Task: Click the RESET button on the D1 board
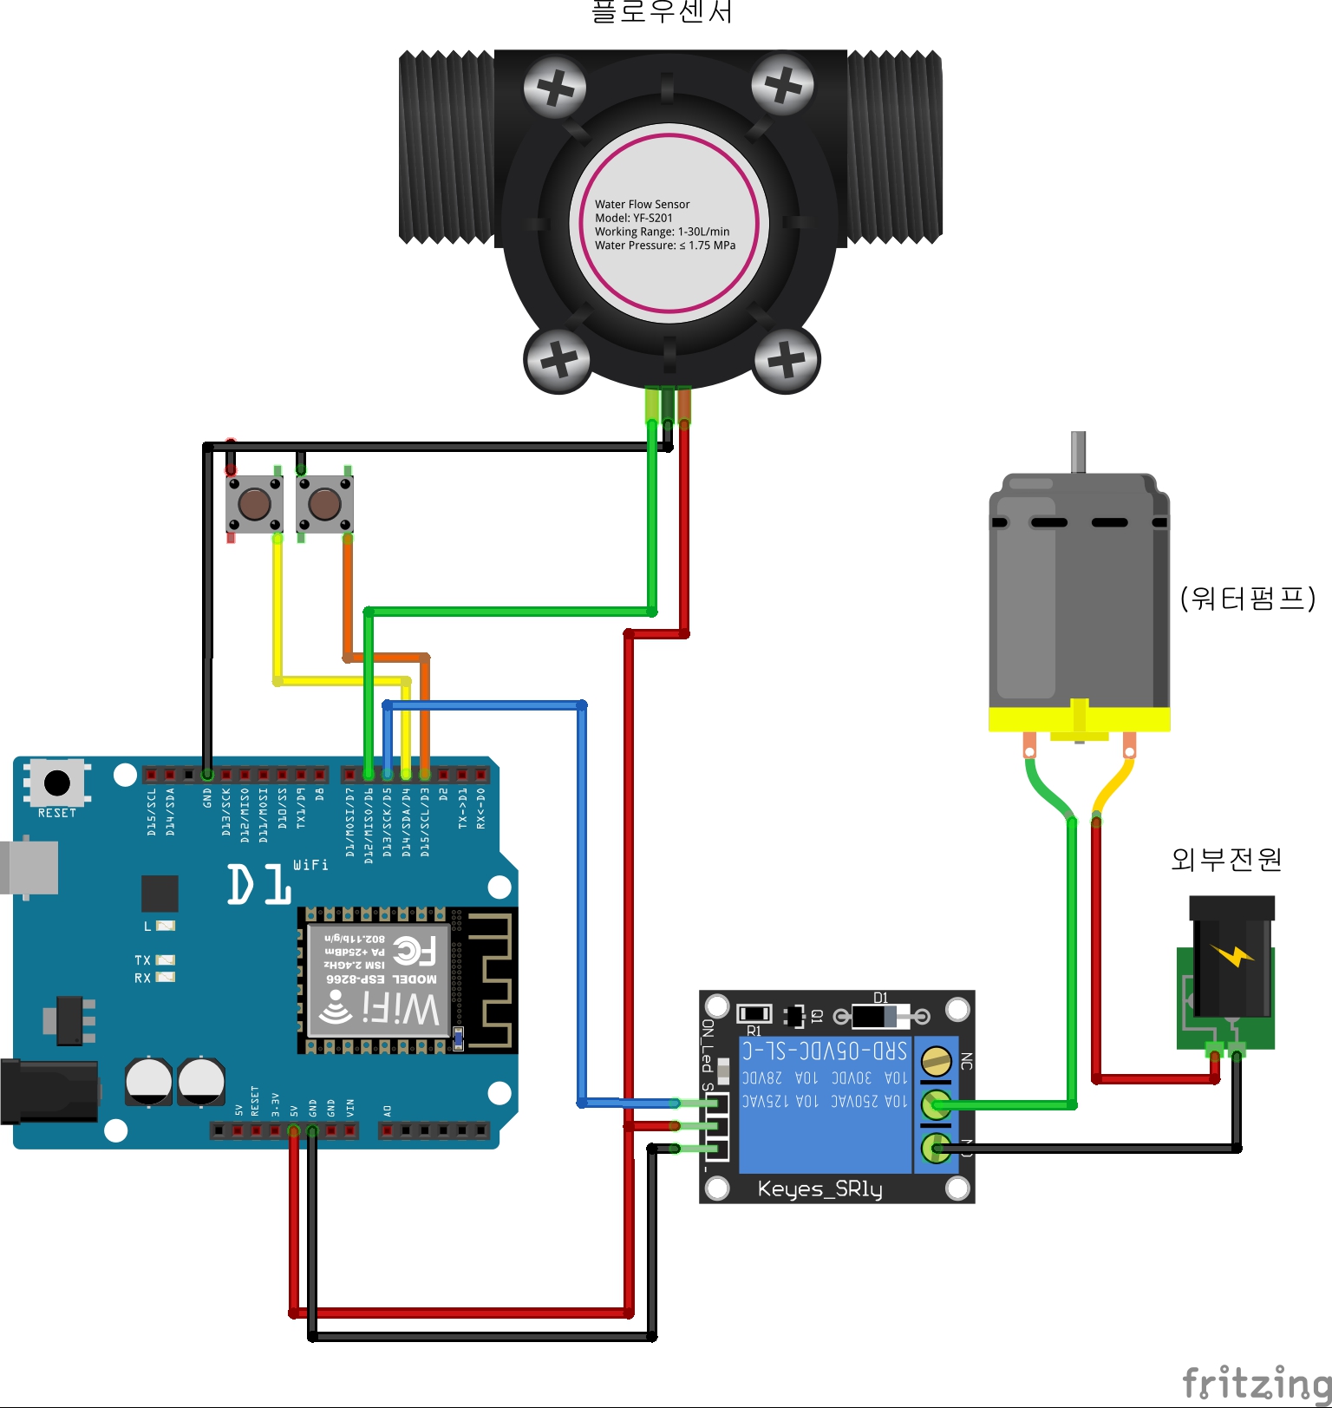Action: point(57,783)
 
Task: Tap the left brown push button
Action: point(254,503)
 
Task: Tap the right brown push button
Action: point(324,503)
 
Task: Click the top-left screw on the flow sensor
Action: point(555,88)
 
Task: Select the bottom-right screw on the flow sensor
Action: point(787,359)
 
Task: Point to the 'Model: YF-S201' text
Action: point(633,218)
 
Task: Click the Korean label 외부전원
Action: point(1225,859)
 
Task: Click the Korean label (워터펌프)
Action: point(1248,598)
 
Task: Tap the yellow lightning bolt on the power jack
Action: point(1232,955)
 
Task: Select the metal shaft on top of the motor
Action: point(1078,452)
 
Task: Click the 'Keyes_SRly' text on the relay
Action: point(819,1189)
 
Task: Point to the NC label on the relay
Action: point(966,1061)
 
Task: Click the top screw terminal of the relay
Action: point(936,1060)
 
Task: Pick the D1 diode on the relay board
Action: point(880,1015)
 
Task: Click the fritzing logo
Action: point(1256,1381)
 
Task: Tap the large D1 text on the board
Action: point(258,885)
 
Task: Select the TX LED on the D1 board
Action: point(164,959)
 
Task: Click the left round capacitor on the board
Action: point(149,1081)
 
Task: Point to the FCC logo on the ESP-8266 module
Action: point(415,951)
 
